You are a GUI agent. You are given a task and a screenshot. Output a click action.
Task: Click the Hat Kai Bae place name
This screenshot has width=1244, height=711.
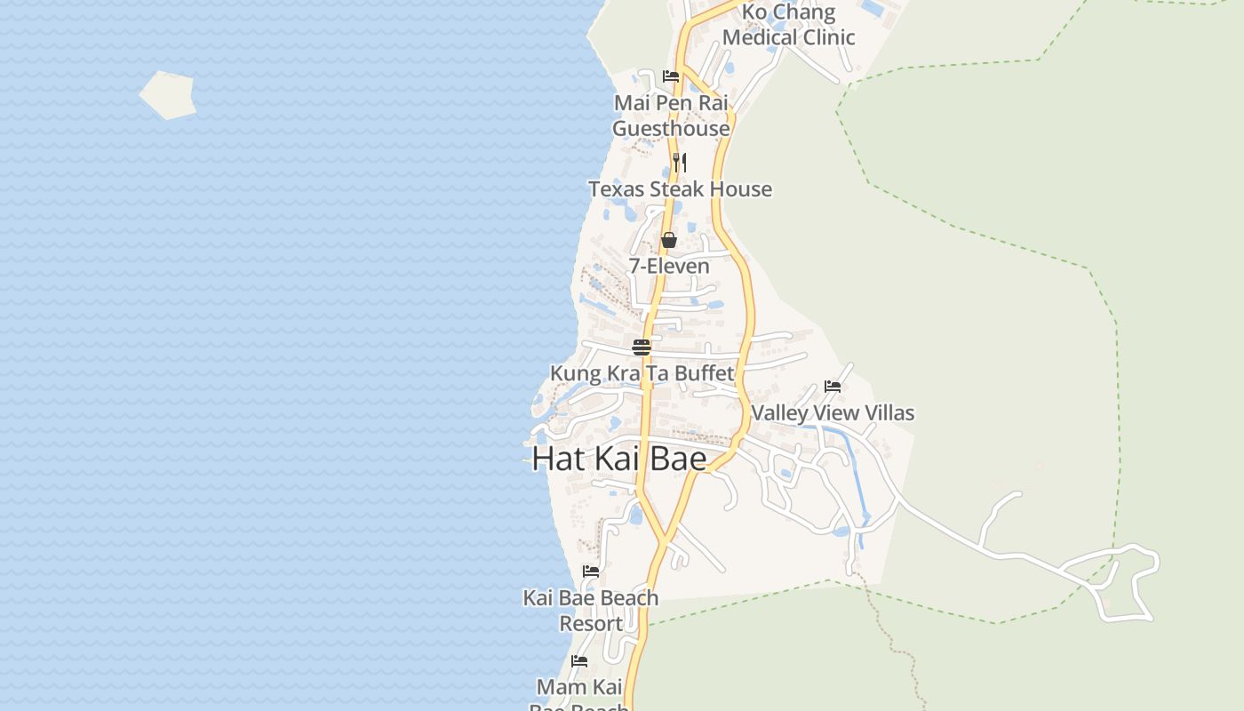click(619, 459)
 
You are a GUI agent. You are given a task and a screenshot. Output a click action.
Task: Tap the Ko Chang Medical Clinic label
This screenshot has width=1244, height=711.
click(788, 25)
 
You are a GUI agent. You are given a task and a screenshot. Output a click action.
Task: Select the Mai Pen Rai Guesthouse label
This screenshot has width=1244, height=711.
click(671, 116)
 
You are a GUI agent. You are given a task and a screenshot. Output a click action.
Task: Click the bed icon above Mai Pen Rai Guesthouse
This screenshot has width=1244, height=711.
click(671, 76)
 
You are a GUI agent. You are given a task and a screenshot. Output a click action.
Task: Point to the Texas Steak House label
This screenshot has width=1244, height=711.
click(680, 189)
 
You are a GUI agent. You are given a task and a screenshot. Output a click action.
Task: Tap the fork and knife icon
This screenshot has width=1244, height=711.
click(680, 162)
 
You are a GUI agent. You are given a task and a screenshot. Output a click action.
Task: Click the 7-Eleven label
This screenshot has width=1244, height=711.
click(669, 266)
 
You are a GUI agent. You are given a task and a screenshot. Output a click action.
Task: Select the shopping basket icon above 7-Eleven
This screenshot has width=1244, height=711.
click(669, 240)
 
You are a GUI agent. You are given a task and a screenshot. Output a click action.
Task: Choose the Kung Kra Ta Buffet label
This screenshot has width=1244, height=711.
click(642, 373)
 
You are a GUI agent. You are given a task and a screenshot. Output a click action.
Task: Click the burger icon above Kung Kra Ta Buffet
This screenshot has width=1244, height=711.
click(642, 347)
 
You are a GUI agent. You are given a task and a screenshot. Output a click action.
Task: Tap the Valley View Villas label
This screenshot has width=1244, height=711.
click(833, 413)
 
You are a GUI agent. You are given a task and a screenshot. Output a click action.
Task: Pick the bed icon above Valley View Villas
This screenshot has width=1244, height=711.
click(833, 387)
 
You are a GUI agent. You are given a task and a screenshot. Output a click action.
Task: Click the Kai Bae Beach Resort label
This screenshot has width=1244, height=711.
click(591, 611)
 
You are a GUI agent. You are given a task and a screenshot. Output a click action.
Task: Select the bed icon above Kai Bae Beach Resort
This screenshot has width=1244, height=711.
click(591, 571)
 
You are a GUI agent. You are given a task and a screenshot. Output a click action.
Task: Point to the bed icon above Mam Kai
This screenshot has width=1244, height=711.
click(579, 661)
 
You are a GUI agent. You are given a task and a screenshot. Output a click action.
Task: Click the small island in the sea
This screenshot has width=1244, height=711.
click(167, 94)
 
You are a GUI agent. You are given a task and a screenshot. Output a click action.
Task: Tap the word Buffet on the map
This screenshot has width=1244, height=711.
click(704, 373)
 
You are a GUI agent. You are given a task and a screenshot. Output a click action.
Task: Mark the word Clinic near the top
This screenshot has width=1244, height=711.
click(825, 37)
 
